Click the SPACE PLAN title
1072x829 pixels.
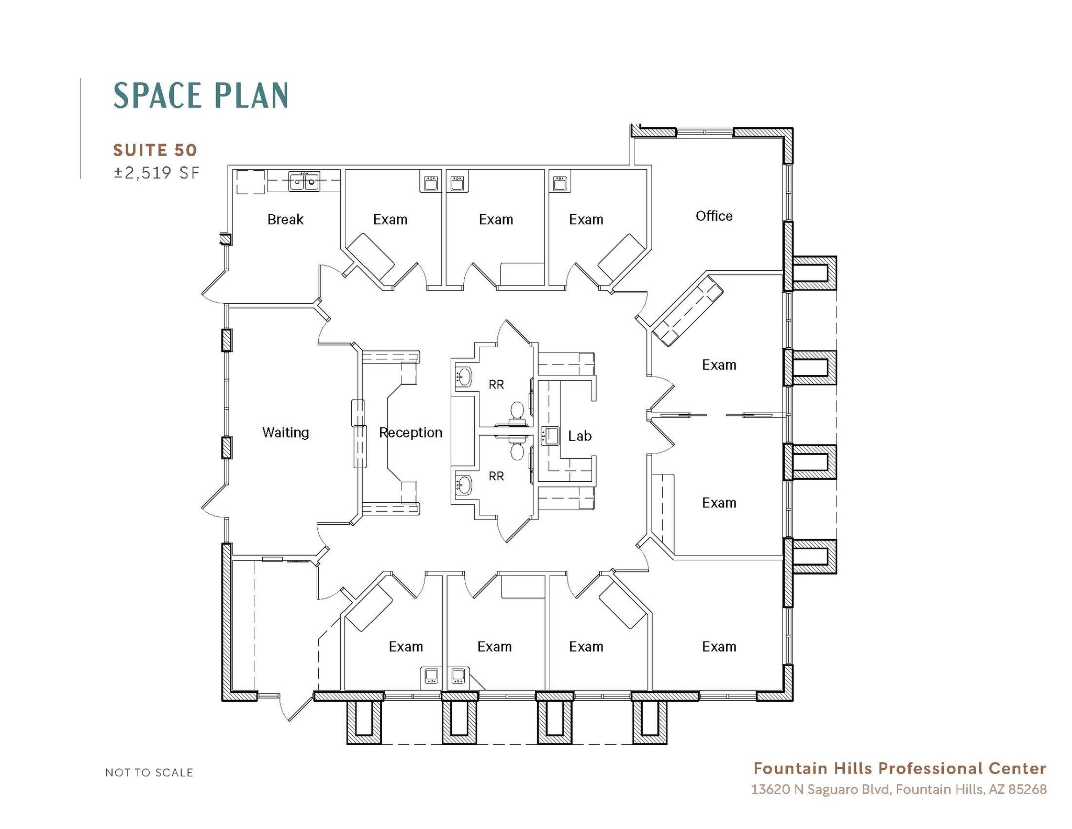tap(200, 96)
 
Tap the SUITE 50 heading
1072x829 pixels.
tap(155, 150)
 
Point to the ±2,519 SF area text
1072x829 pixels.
tap(157, 173)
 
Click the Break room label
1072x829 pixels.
tap(285, 219)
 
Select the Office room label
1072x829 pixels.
tap(713, 216)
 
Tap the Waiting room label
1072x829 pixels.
tap(285, 433)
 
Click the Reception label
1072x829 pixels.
tap(410, 433)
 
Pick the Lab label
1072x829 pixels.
tap(579, 436)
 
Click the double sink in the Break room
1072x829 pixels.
tap(304, 181)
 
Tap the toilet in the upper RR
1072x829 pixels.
tap(517, 411)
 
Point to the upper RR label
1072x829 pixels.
tap(496, 385)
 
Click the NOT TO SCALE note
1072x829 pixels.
tap(149, 772)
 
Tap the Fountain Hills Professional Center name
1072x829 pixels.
tap(899, 768)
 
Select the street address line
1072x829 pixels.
tap(898, 789)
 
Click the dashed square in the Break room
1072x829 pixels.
tap(250, 182)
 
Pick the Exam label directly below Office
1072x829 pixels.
tap(719, 365)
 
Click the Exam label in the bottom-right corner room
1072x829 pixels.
tap(719, 647)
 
